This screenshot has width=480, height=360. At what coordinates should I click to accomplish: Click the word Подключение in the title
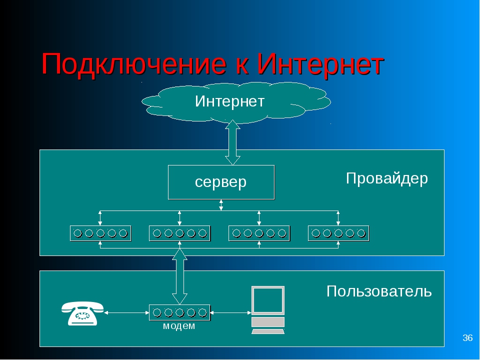(x=134, y=64)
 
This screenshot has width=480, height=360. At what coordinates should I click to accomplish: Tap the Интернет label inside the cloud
(x=229, y=101)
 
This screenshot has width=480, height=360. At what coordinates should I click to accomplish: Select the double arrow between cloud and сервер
(x=232, y=142)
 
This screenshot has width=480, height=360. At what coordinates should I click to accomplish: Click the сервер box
(x=221, y=182)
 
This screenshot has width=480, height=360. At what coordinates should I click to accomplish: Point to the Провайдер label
(x=387, y=178)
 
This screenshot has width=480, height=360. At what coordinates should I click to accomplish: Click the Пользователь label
(x=379, y=291)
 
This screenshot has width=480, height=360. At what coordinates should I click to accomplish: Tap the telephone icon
(x=82, y=313)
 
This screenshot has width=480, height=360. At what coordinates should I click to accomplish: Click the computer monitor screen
(x=268, y=300)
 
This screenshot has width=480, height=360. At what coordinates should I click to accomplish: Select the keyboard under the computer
(x=268, y=331)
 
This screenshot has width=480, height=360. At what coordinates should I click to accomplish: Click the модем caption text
(x=179, y=326)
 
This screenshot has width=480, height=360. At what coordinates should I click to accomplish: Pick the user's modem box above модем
(x=179, y=312)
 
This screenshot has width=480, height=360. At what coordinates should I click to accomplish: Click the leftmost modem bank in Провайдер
(x=100, y=233)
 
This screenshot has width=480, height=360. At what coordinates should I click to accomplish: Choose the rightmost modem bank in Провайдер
(x=338, y=233)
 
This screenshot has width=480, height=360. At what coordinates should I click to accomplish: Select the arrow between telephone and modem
(x=126, y=313)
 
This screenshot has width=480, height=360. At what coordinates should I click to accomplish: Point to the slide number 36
(x=467, y=337)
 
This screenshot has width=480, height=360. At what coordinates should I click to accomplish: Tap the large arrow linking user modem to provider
(x=179, y=276)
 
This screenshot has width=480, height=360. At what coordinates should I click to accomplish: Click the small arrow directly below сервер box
(x=221, y=205)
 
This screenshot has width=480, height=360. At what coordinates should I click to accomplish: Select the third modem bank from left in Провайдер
(x=259, y=233)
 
